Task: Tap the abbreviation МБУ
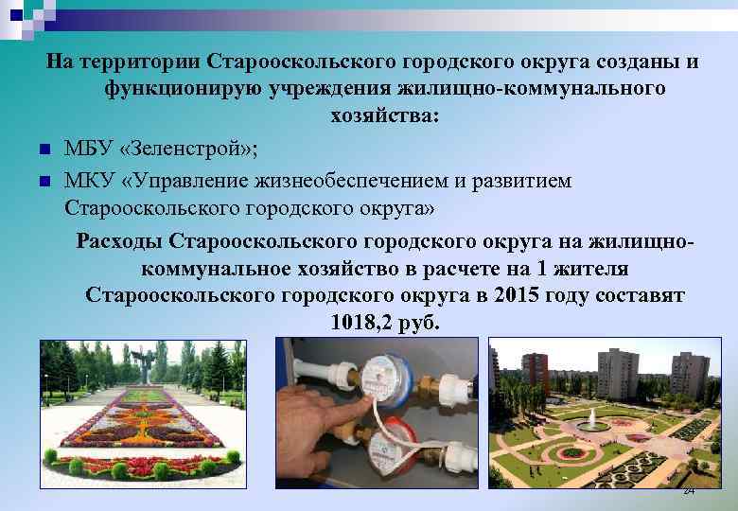[86, 149]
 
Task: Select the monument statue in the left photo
[143, 364]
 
